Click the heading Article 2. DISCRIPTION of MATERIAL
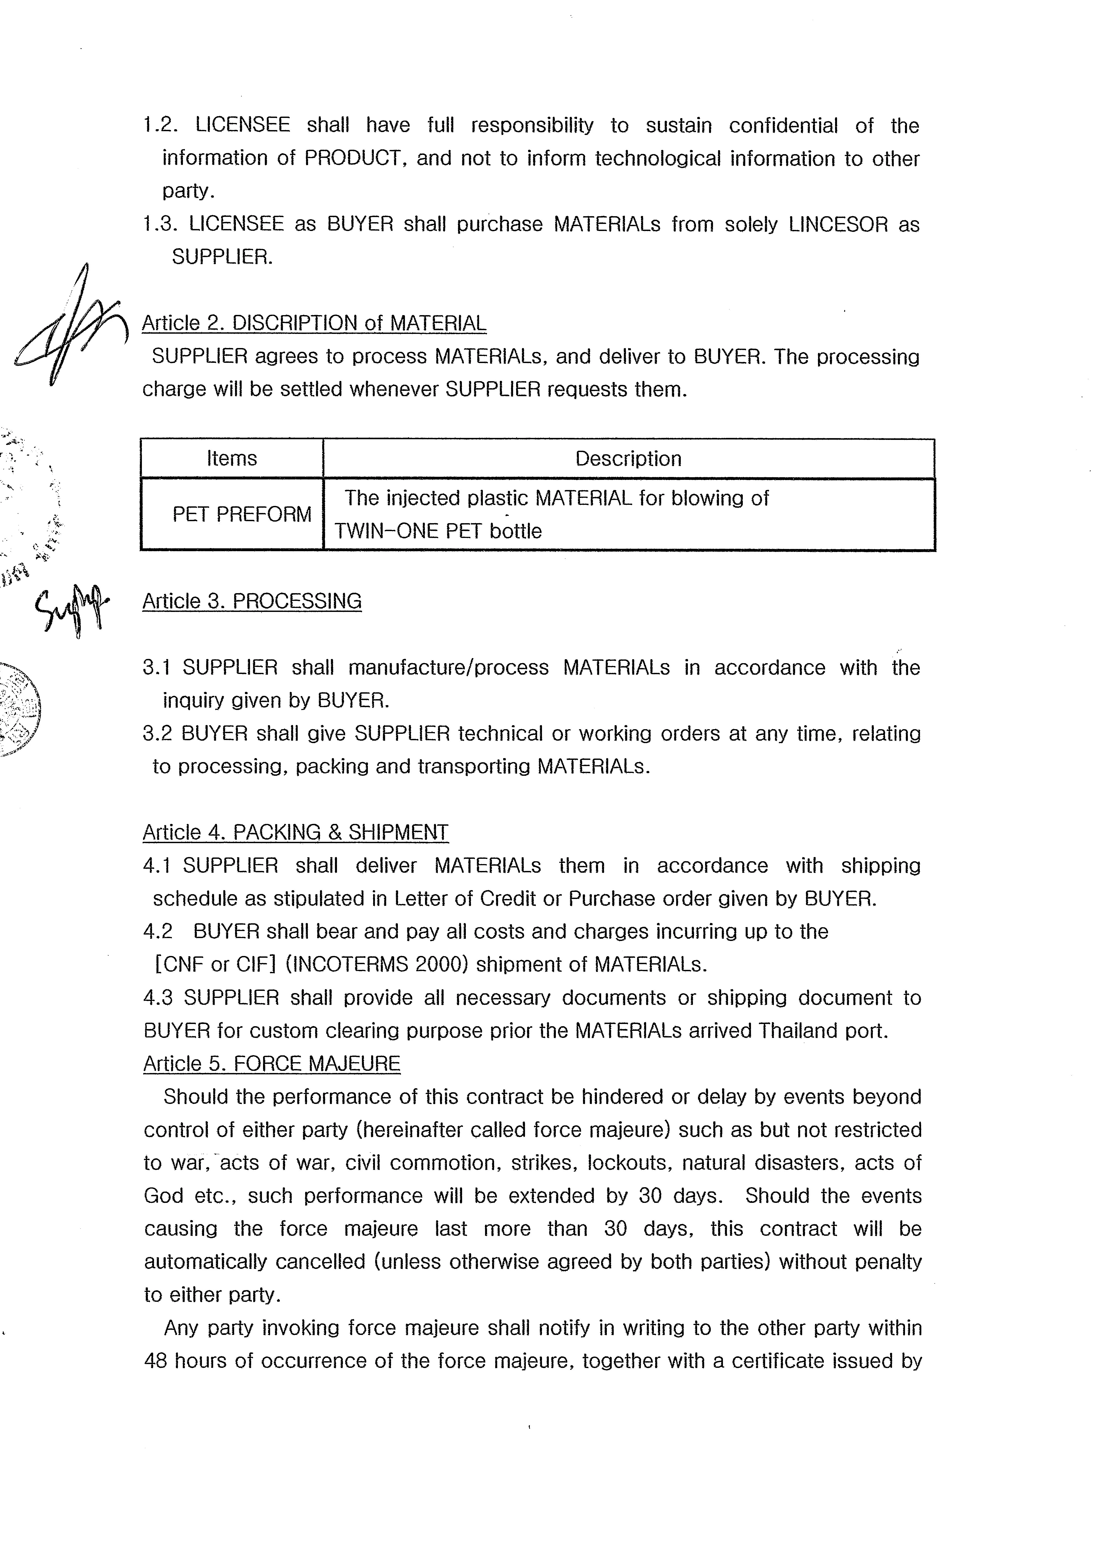[x=314, y=323]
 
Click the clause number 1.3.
[x=160, y=224]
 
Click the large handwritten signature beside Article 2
[x=71, y=327]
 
